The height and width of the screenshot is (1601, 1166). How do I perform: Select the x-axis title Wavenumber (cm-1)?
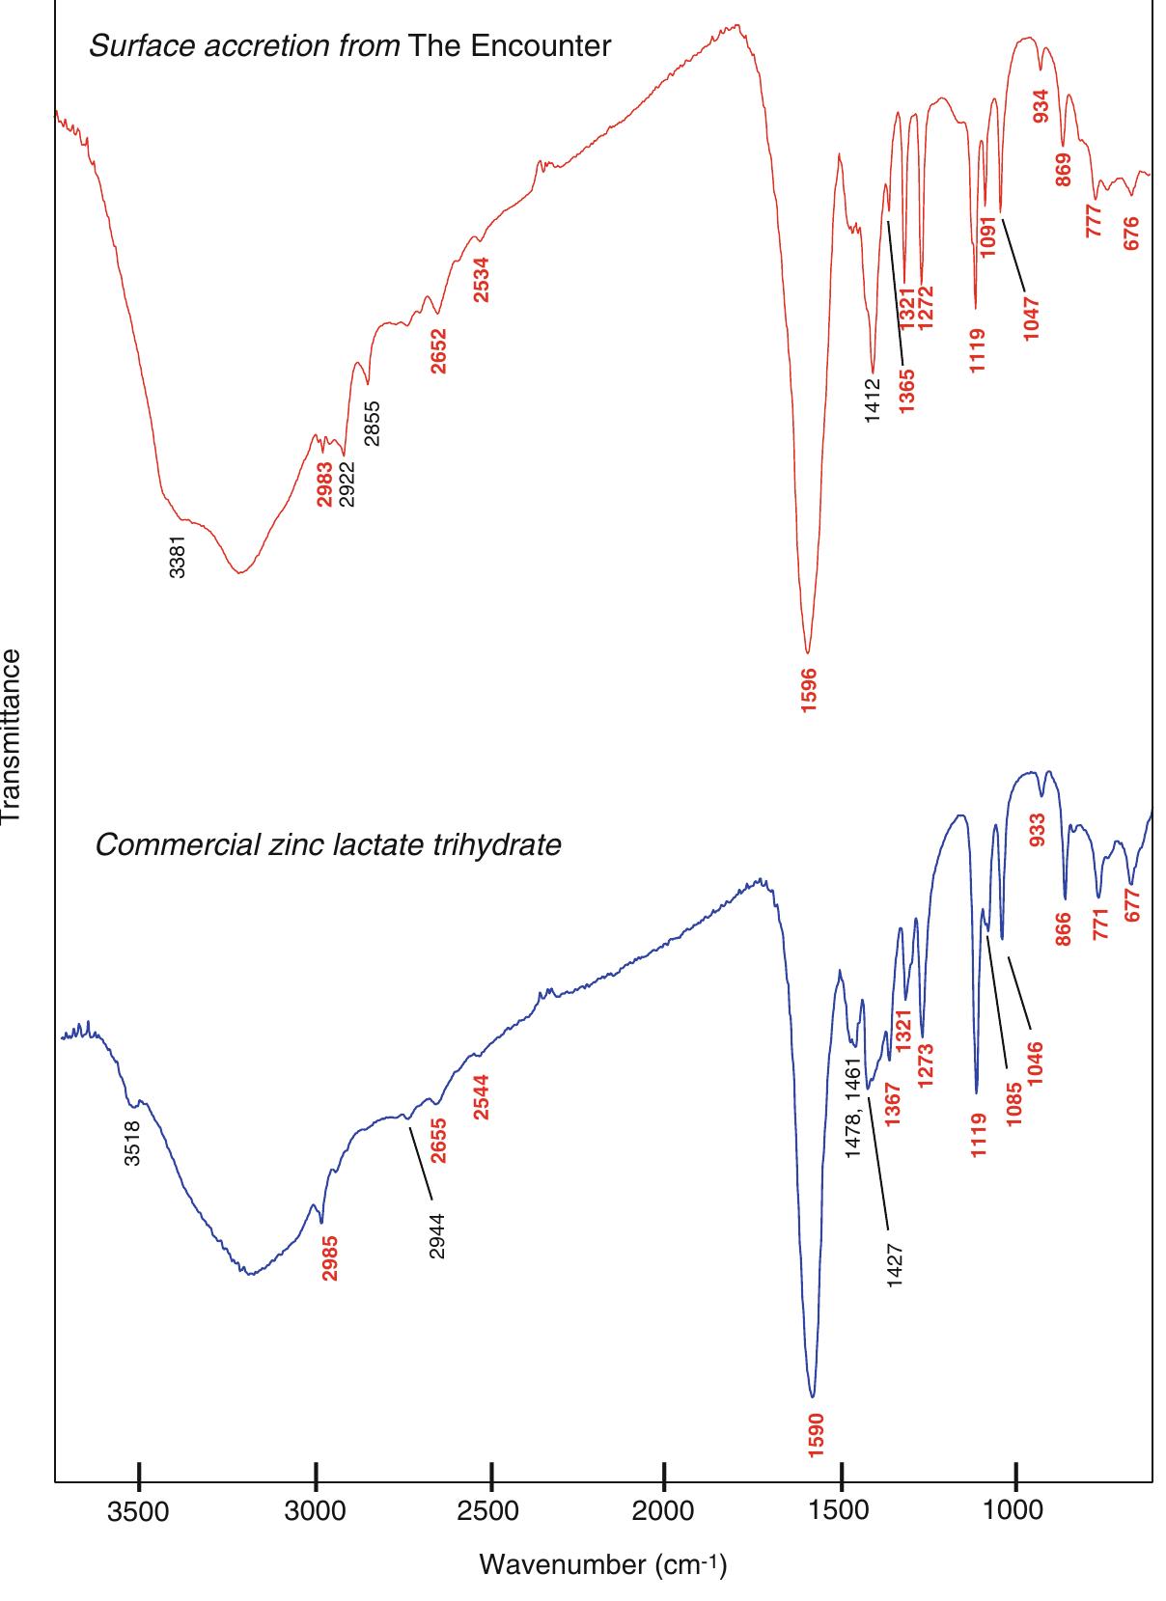tap(602, 1563)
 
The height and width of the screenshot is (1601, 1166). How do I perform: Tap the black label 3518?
tap(134, 1143)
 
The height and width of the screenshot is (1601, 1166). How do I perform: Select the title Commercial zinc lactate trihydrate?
tap(328, 846)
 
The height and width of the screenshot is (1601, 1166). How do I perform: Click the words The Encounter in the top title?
tap(510, 45)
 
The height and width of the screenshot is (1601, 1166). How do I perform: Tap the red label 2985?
tap(330, 1258)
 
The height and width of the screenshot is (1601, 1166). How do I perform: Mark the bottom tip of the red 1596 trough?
tap(808, 653)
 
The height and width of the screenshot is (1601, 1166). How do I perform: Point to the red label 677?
tap(1133, 904)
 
